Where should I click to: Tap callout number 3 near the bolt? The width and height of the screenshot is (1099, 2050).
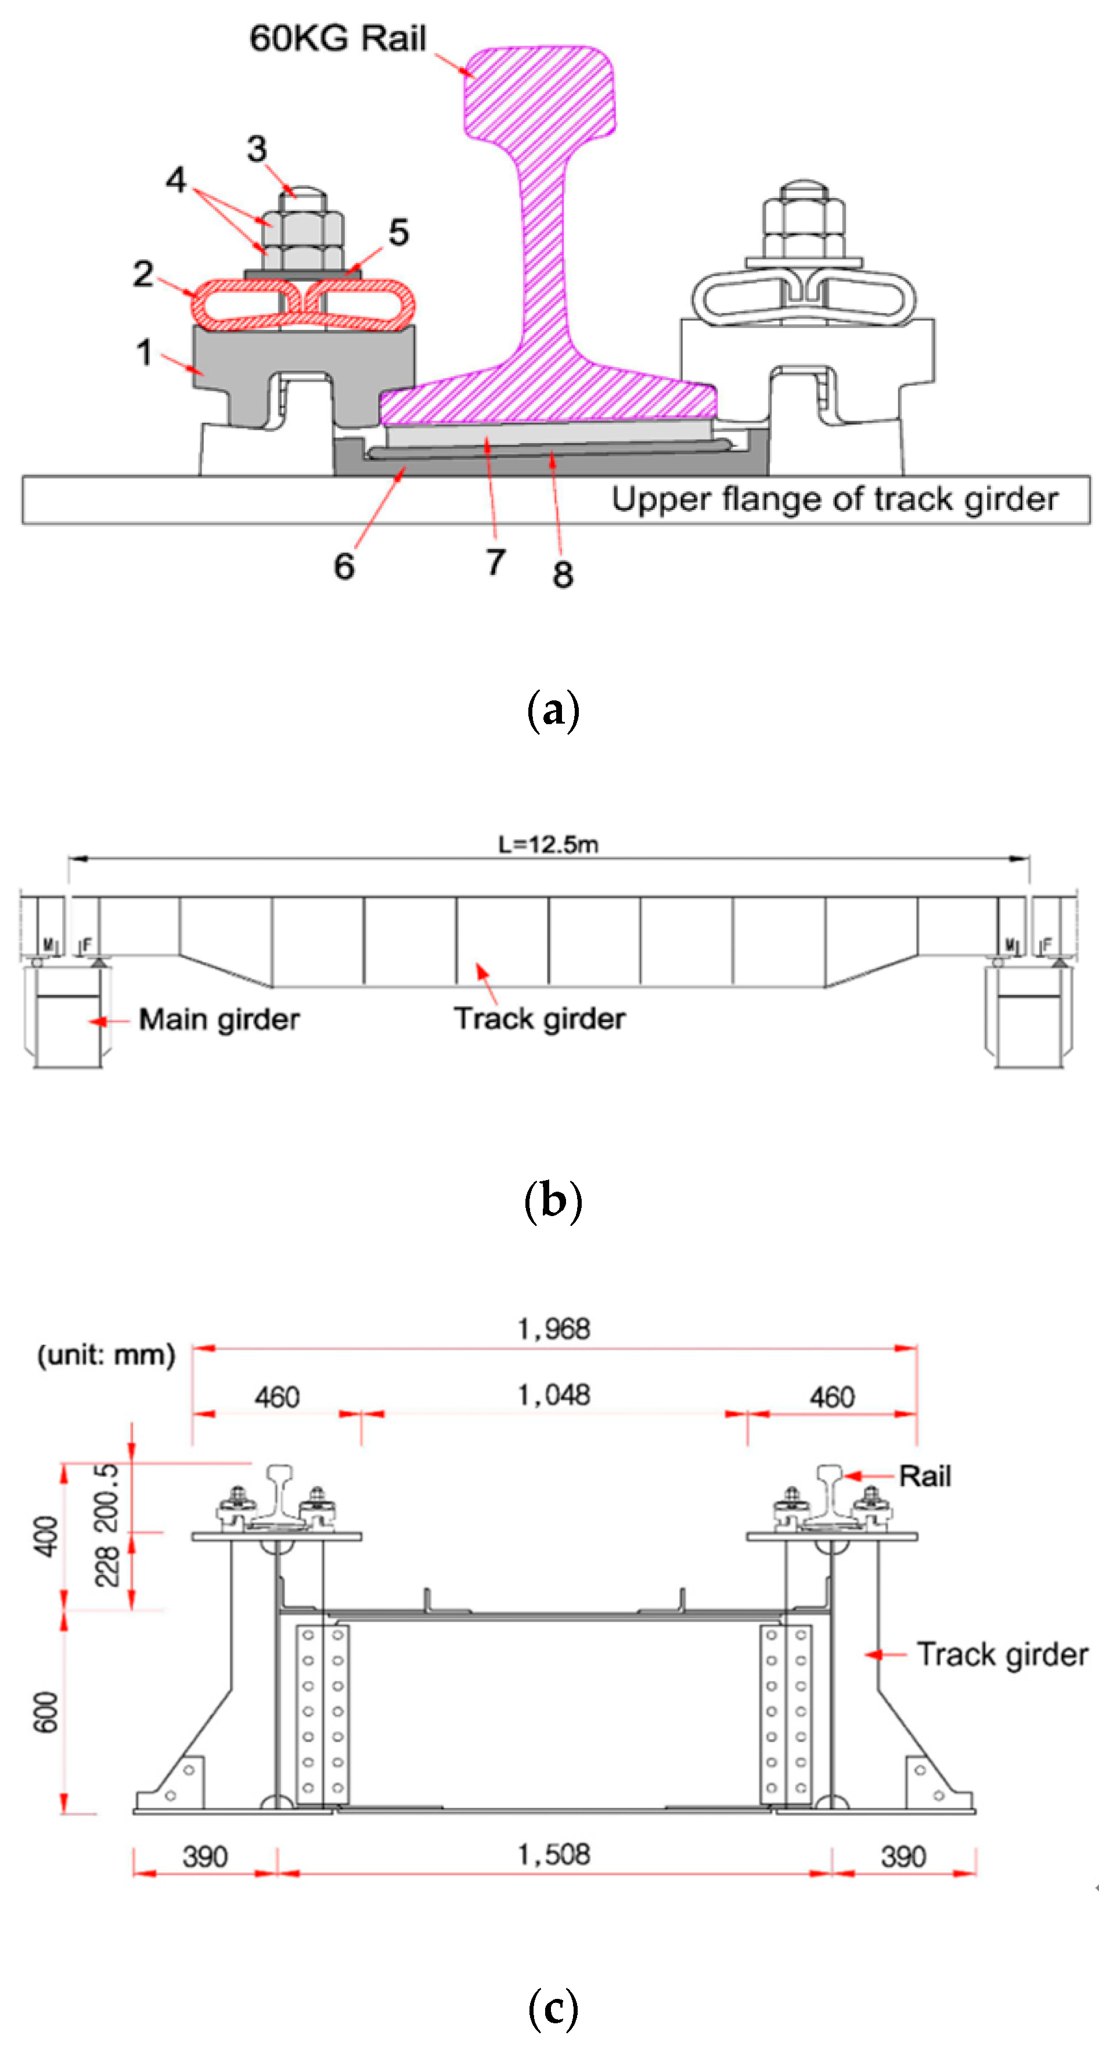(x=256, y=148)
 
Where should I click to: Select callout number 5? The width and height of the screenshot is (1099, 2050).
(x=399, y=232)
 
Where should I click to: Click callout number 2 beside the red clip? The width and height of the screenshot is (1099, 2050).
(x=143, y=274)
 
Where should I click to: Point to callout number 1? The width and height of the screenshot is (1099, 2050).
(x=144, y=352)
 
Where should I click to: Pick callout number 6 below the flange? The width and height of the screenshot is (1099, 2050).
(x=344, y=567)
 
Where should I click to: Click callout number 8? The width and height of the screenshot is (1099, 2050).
(x=563, y=574)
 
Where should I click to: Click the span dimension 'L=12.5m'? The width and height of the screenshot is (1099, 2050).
(x=548, y=844)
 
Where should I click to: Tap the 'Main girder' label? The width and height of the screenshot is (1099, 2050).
(x=219, y=1019)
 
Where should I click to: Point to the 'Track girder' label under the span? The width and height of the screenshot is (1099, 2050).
(x=539, y=1019)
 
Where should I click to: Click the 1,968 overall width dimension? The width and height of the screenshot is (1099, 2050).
(x=554, y=1329)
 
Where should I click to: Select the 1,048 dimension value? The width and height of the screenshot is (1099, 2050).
(x=554, y=1395)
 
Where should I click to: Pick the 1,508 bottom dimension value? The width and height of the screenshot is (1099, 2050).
(x=554, y=1855)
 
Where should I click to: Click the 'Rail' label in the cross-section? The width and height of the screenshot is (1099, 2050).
(x=925, y=1476)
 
